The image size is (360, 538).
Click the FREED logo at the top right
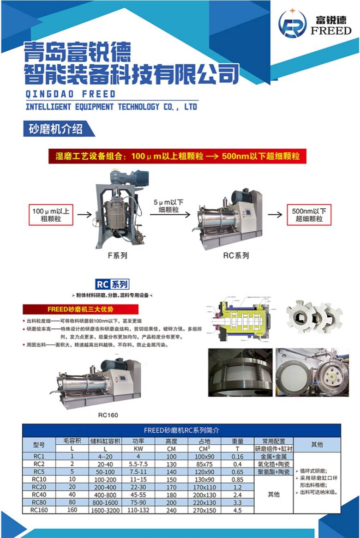pos(315,24)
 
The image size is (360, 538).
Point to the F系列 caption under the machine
pos(117,255)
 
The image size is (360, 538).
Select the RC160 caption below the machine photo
pos(108,415)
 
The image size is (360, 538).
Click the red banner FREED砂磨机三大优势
pos(80,309)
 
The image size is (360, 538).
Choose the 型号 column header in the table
pos(39,445)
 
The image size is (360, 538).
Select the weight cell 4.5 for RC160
pos(237,510)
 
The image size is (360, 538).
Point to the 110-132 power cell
pos(138,510)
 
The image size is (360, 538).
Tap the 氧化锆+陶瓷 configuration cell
pos(273,464)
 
